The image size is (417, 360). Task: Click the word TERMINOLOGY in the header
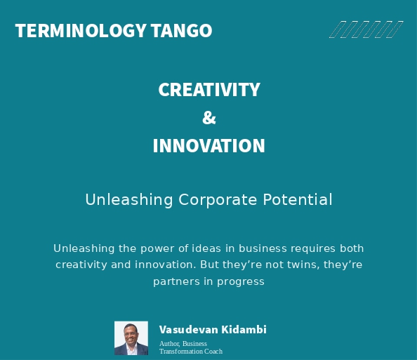click(81, 31)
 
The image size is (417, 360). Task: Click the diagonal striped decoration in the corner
click(366, 29)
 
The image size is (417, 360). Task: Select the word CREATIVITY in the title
click(209, 90)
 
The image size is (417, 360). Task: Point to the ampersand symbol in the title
click(209, 118)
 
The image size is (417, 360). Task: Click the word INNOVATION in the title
click(209, 146)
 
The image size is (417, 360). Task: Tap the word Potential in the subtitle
click(298, 200)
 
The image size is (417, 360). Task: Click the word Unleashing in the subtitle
click(128, 200)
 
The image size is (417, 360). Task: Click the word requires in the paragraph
click(310, 248)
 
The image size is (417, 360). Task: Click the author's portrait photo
click(131, 338)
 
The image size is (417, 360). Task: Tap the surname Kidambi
click(244, 330)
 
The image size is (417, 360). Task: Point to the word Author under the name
click(169, 344)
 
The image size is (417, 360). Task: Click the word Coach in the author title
click(213, 352)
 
